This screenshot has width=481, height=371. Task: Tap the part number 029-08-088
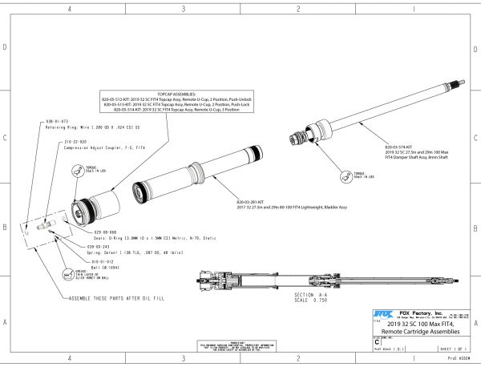point(83,232)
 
